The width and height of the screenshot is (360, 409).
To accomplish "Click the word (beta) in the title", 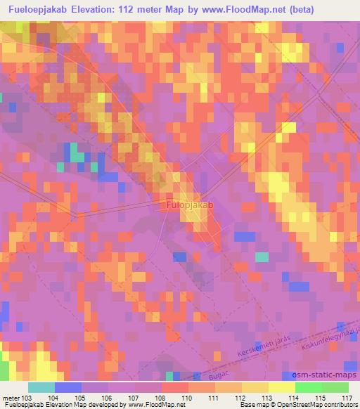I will tap(278, 9).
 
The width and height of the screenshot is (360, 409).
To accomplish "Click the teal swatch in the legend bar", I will tap(41, 387).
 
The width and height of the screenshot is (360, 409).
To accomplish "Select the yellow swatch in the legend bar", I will tap(281, 387).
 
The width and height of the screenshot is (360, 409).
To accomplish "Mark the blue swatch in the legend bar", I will tap(68, 387).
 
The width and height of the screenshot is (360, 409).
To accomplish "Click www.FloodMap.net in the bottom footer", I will tap(151, 405).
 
